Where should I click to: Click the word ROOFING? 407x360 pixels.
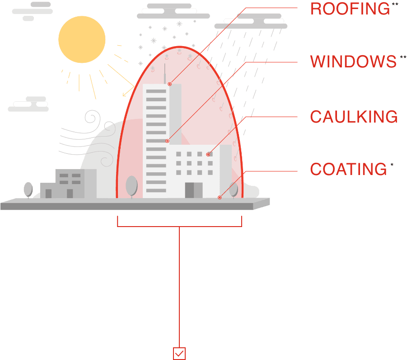(x=350, y=9)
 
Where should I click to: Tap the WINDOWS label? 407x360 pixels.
(x=353, y=62)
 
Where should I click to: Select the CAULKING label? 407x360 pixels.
(x=354, y=116)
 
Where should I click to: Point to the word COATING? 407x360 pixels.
(x=348, y=169)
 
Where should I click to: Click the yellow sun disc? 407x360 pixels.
(x=82, y=39)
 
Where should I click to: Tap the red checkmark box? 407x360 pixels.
(x=179, y=354)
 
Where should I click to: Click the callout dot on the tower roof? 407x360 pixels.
(x=169, y=84)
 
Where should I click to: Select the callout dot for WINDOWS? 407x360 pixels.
(x=167, y=141)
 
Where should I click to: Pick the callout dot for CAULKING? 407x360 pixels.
(x=208, y=154)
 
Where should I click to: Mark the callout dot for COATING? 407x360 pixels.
(x=220, y=198)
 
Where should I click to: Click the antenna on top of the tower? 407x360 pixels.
(x=164, y=74)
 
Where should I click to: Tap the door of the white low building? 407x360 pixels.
(x=194, y=190)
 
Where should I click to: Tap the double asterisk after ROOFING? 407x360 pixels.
(x=395, y=4)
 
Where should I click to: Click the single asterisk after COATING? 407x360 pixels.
(x=392, y=165)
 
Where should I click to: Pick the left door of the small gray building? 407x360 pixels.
(x=48, y=194)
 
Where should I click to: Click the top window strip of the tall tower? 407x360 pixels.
(x=156, y=91)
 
